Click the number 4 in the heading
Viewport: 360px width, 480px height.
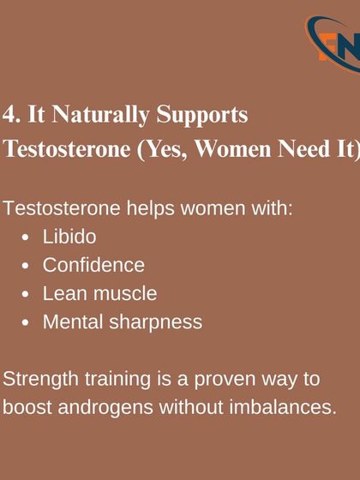(x=9, y=115)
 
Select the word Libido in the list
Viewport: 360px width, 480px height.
(x=69, y=237)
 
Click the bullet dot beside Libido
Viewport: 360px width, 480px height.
(x=27, y=237)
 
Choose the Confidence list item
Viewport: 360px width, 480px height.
(x=93, y=265)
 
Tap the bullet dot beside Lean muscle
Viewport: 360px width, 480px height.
(x=27, y=294)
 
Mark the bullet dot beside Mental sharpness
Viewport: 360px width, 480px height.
(x=27, y=323)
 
